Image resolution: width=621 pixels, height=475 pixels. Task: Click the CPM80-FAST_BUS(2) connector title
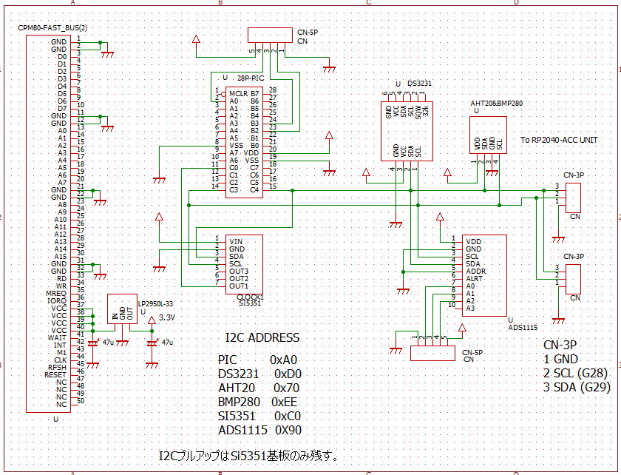(52, 27)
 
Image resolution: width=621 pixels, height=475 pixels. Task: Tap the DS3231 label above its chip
(420, 84)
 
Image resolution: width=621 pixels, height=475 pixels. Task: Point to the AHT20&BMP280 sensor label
(496, 104)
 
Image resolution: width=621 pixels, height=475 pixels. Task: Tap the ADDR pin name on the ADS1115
(475, 271)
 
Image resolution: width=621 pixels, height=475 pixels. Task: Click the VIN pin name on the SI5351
(236, 241)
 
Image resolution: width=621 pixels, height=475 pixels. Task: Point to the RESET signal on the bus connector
(57, 374)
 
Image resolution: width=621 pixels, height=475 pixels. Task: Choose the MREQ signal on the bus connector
(57, 293)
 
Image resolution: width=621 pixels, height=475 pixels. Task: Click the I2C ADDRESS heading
(262, 338)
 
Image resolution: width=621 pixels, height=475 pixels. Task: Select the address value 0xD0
(287, 374)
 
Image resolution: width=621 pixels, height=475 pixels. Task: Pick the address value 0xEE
(288, 402)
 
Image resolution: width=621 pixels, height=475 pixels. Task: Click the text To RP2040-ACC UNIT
(559, 139)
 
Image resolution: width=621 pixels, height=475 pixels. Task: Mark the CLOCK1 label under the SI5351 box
(250, 297)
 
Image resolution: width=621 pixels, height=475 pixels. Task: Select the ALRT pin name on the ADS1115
(475, 278)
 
